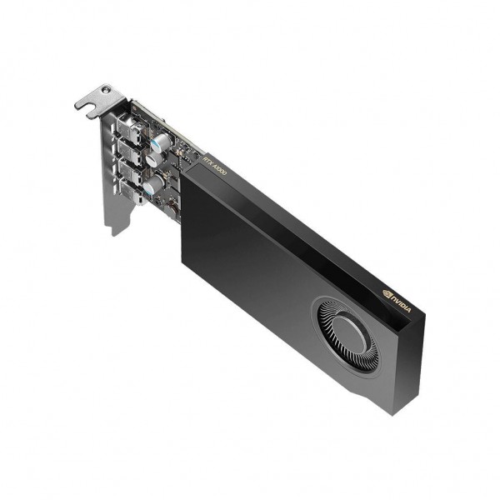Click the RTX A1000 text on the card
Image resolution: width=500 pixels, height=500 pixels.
coord(216,163)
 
